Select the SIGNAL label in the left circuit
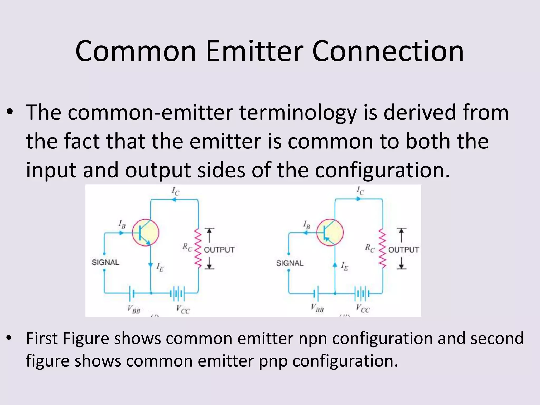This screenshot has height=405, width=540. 105,262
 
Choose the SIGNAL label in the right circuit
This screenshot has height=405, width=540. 290,263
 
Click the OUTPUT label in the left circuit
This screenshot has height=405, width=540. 219,250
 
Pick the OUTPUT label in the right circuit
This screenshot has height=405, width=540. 403,250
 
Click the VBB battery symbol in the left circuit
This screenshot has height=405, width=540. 132,293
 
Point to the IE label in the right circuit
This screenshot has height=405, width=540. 344,266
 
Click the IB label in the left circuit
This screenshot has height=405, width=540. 122,225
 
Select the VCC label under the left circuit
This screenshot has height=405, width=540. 183,309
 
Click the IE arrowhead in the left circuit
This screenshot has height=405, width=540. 151,265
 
